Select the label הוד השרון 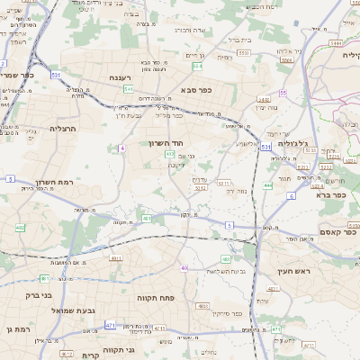click(166, 143)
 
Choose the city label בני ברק click(39, 294)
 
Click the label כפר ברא click(332, 194)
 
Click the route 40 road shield click(184, 268)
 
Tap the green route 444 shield click(267, 184)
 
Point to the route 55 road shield click(283, 93)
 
